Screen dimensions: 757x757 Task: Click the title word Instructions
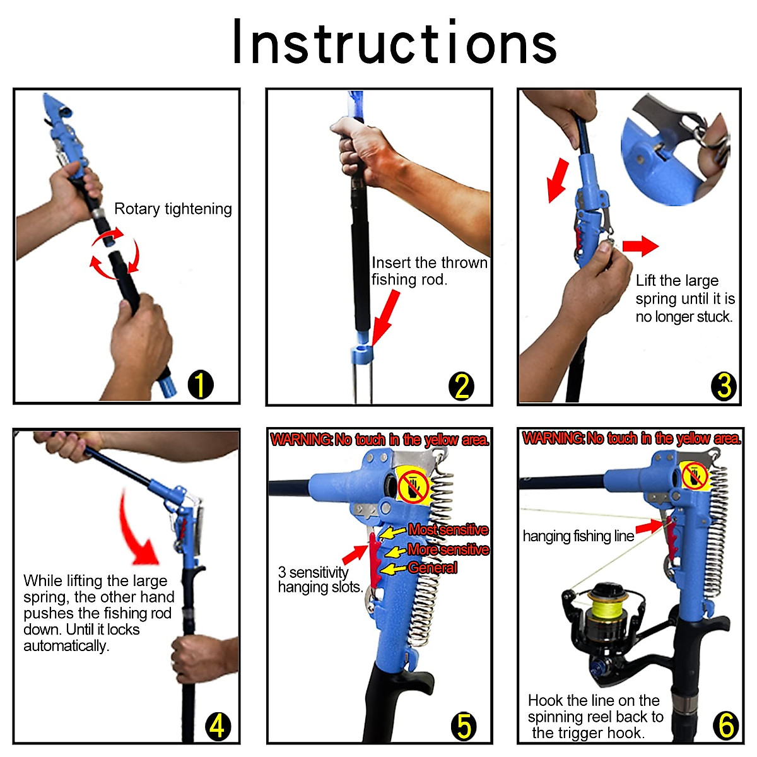[x=394, y=41]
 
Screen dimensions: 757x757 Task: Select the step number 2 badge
[x=461, y=386]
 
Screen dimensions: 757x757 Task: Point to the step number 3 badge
[x=724, y=386]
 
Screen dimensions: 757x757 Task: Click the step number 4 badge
[x=218, y=726]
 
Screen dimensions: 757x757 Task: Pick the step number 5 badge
[x=464, y=726]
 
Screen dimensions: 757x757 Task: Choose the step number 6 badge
[x=725, y=725]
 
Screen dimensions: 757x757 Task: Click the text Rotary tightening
[x=173, y=209]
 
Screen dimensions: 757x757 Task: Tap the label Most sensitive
[x=449, y=529]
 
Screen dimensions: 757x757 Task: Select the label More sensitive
[x=449, y=549]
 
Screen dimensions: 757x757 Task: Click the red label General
[x=433, y=568]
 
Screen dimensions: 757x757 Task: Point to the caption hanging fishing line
[x=578, y=536]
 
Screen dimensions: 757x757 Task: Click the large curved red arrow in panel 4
[x=136, y=531]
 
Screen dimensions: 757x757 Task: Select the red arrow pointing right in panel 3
[x=640, y=246]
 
